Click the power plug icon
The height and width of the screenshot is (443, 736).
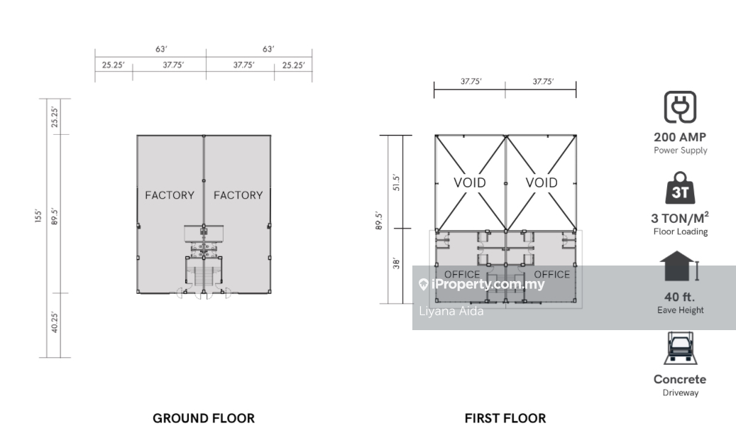680,107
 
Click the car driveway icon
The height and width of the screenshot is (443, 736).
680,348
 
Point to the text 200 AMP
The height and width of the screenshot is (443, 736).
680,137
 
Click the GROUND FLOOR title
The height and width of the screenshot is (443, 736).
204,418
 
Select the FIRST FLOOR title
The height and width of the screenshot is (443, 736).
505,418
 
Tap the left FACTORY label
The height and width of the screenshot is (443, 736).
170,195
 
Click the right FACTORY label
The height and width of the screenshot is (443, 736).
238,195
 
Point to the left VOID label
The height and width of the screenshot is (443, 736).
469,182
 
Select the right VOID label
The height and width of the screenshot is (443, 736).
542,182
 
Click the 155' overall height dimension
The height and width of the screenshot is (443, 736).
38,216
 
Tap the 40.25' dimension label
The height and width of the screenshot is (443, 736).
55,322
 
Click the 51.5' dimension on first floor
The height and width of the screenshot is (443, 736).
396,182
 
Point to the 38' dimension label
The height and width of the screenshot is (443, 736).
396,263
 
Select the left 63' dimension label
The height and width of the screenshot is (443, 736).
162,49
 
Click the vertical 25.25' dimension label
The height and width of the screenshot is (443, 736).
55,117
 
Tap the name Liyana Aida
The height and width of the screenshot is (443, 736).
451,311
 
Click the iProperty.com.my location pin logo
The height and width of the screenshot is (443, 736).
424,285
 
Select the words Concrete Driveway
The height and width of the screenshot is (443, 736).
680,385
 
